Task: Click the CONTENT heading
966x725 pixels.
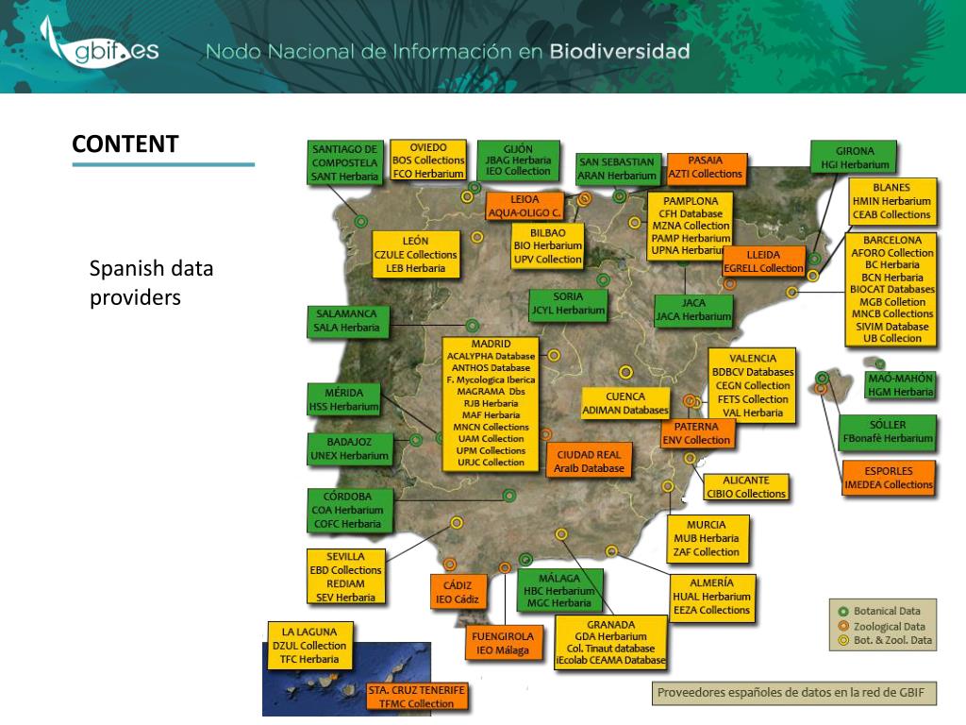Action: [125, 144]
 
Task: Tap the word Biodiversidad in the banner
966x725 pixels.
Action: [619, 51]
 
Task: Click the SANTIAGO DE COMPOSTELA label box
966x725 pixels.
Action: [344, 162]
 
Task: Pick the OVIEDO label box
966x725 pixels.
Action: [428, 160]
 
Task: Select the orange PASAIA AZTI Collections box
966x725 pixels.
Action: [705, 167]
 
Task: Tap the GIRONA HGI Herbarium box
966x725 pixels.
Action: [855, 157]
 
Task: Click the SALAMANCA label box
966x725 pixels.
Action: [345, 321]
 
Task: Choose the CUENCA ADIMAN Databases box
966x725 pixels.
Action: [625, 403]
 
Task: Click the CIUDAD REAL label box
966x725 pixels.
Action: [589, 461]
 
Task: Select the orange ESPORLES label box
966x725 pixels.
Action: [888, 478]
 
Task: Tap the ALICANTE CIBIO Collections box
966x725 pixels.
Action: [745, 486]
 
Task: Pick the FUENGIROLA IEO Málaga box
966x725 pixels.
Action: [508, 643]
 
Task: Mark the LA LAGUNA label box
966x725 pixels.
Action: [308, 646]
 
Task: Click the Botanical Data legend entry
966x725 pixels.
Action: [880, 610]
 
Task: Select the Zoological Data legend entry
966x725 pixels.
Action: [880, 626]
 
